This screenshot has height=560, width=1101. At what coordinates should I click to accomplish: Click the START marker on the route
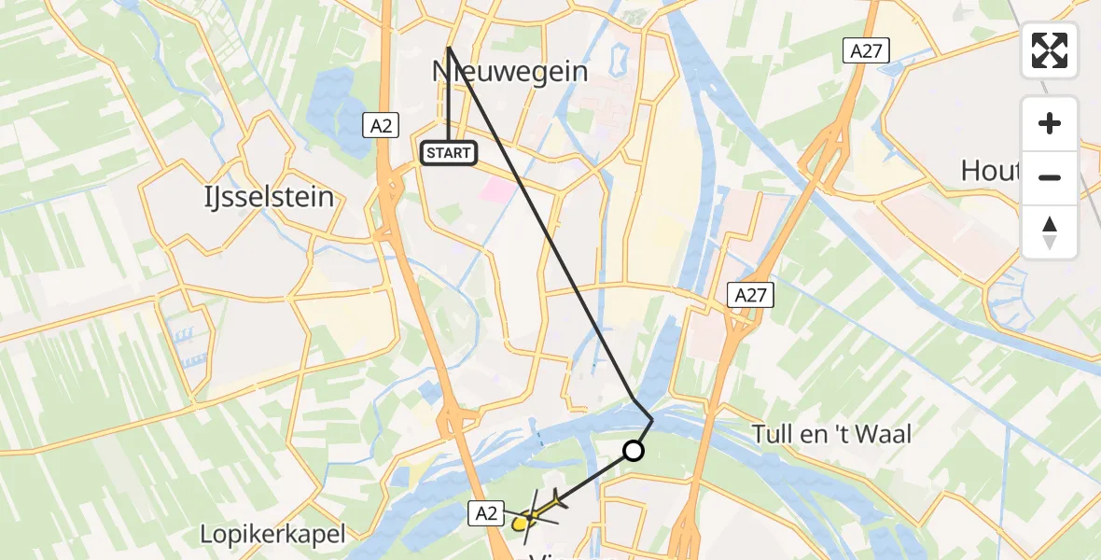pyautogui.click(x=449, y=152)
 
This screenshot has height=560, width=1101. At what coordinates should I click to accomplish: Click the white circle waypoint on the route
pyautogui.click(x=634, y=452)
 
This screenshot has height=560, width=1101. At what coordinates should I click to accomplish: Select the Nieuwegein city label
pyautogui.click(x=509, y=71)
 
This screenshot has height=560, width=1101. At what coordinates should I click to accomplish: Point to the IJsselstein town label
pyautogui.click(x=270, y=197)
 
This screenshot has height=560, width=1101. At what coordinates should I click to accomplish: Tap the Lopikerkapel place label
pyautogui.click(x=272, y=535)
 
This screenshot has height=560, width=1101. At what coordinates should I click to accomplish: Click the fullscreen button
pyautogui.click(x=1050, y=50)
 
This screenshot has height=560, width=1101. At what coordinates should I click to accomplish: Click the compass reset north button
pyautogui.click(x=1050, y=231)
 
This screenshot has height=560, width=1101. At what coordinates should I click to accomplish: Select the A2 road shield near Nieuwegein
pyautogui.click(x=381, y=126)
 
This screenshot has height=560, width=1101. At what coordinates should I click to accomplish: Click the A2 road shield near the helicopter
pyautogui.click(x=488, y=511)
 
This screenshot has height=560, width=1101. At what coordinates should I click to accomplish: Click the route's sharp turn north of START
pyautogui.click(x=449, y=47)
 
